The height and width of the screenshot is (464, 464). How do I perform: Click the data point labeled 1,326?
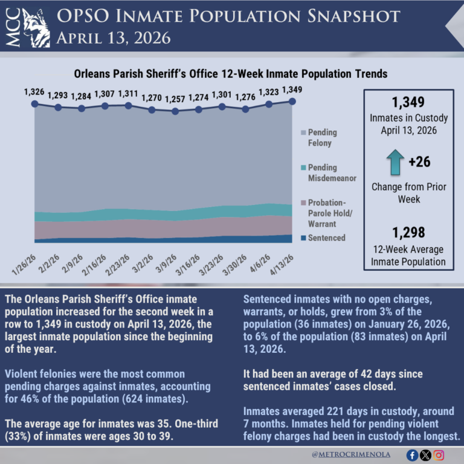[x=34, y=104]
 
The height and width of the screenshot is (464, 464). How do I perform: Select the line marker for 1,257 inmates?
[x=175, y=111]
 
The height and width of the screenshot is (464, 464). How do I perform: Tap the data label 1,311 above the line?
[x=128, y=94]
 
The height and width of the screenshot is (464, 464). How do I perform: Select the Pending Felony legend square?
[x=303, y=132]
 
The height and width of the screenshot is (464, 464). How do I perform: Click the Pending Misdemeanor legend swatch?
[x=303, y=167]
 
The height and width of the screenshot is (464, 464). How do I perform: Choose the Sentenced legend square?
[x=303, y=237]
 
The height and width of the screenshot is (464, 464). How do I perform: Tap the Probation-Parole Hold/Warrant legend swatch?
[x=303, y=202]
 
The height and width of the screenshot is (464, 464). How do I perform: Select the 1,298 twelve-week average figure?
[x=408, y=232]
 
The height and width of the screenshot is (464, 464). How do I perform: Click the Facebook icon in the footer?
[x=413, y=455]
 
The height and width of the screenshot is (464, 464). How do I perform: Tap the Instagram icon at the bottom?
[x=440, y=455]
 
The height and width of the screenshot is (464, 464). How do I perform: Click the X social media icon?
[x=426, y=455]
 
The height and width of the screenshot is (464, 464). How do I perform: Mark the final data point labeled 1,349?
[x=292, y=101]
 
